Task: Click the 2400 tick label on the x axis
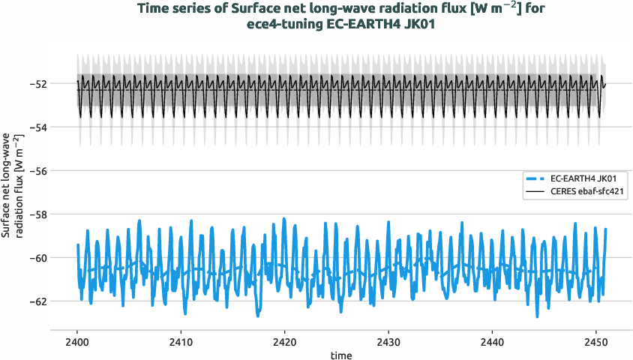point(77,341)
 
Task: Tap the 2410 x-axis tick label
point(181,341)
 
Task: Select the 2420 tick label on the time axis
point(284,341)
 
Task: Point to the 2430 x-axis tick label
point(388,341)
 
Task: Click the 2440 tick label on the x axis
point(491,341)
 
